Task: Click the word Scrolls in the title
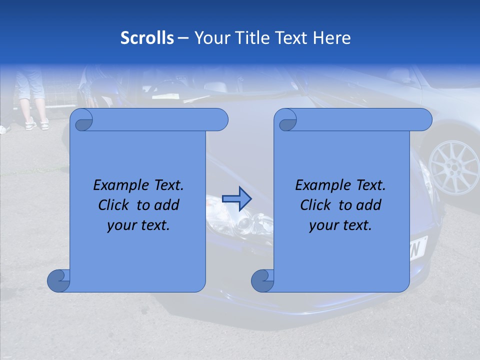pos(147,38)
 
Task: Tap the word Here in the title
pos(332,38)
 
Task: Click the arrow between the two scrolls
pos(236,198)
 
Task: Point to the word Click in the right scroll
pos(316,205)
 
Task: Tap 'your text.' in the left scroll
pos(138,225)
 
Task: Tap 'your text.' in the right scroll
pos(340,225)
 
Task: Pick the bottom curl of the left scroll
pos(58,281)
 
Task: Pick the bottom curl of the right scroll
pos(262,281)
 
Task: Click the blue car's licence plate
pos(417,247)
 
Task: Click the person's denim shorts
pos(30,85)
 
